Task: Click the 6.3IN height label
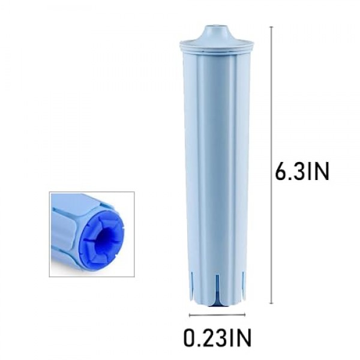[302, 173]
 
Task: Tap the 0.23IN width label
[217, 338]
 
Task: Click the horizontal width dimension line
[216, 314]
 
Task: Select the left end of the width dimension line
[190, 314]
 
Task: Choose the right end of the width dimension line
[242, 314]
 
